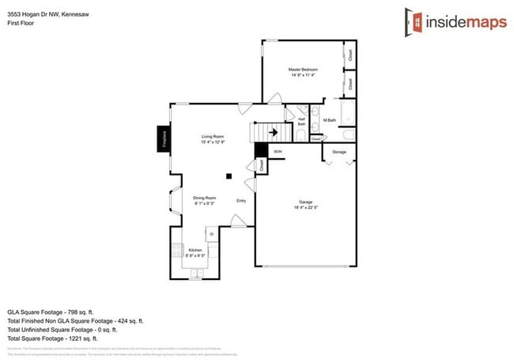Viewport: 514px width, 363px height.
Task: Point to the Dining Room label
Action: pyautogui.click(x=205, y=198)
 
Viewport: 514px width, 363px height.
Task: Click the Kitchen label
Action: pyautogui.click(x=195, y=250)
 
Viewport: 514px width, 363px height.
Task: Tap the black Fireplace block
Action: pyautogui.click(x=163, y=138)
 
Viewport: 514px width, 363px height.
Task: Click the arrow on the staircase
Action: pyautogui.click(x=273, y=133)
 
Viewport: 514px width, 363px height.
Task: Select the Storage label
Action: pyautogui.click(x=338, y=151)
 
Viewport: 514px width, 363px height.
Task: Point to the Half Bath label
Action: pyautogui.click(x=301, y=121)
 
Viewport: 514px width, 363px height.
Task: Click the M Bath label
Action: pyautogui.click(x=330, y=120)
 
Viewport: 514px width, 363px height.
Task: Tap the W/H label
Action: pyautogui.click(x=278, y=151)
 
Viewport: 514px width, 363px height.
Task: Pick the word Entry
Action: pyautogui.click(x=241, y=200)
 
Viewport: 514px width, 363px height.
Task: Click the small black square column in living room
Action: pyautogui.click(x=229, y=176)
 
